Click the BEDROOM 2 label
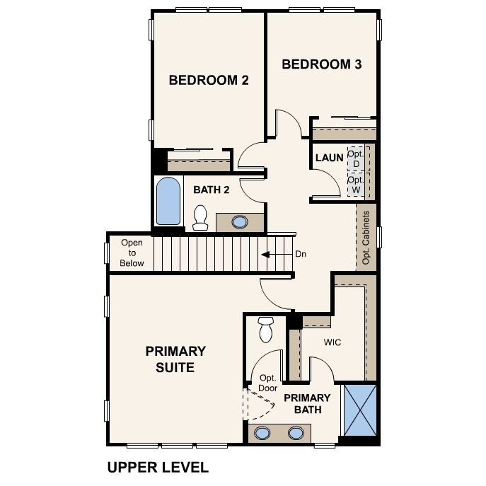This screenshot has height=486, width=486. point(209,80)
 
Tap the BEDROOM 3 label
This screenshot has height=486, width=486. point(322,64)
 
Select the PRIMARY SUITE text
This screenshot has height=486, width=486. point(175,359)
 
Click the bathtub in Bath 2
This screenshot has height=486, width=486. point(168,201)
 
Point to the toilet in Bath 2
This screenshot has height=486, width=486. point(200,218)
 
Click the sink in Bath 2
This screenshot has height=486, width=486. point(240,222)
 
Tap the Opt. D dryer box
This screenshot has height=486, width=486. point(356,158)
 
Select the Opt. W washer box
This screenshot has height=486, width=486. point(356,185)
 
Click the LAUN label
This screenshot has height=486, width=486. point(329,158)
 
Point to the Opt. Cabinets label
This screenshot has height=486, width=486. point(366,238)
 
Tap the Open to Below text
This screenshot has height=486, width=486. point(132,253)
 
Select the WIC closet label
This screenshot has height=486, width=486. point(332,342)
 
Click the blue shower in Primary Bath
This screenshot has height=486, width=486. point(360,410)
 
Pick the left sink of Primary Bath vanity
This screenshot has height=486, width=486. point(262,433)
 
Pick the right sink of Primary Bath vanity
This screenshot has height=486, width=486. point(296,433)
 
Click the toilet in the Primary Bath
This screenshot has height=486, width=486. point(265,330)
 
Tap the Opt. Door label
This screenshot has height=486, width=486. point(268,383)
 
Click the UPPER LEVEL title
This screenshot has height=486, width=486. point(158,468)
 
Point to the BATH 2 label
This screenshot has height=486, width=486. point(212,190)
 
